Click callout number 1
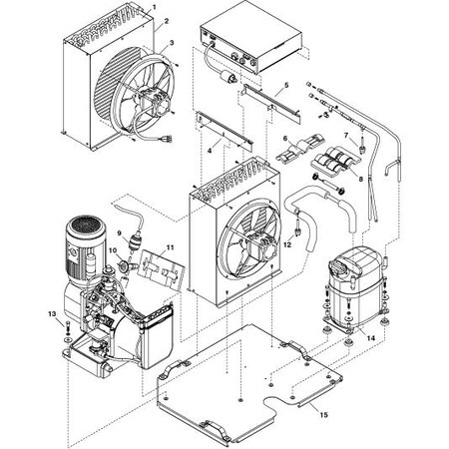click(x=155, y=7)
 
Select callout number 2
click(x=166, y=20)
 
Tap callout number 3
click(x=173, y=43)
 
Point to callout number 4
click(x=209, y=149)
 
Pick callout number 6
click(x=284, y=140)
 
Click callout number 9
click(x=119, y=233)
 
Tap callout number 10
click(x=113, y=251)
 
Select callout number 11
click(x=170, y=246)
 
